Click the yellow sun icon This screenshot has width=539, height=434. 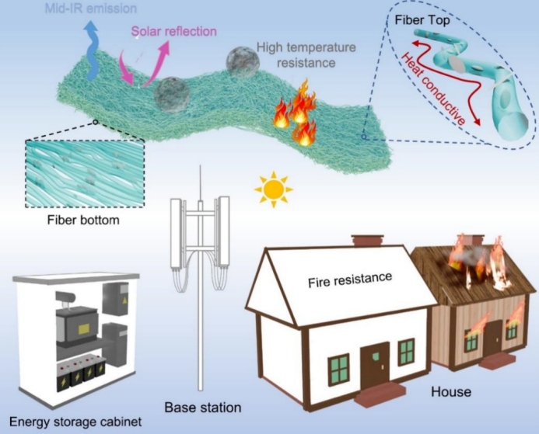(274, 189)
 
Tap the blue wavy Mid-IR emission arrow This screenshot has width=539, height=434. (92, 50)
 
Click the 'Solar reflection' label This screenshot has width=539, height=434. (174, 31)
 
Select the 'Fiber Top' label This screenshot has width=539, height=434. (422, 20)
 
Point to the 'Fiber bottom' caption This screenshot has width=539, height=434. (83, 220)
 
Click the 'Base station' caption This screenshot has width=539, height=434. (203, 408)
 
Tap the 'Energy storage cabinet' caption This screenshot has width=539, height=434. (75, 422)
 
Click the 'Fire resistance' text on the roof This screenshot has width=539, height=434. (350, 279)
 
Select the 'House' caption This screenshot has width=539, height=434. (451, 391)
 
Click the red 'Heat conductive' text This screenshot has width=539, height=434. (432, 89)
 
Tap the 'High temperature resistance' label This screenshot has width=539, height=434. (306, 55)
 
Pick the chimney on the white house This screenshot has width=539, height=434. (367, 240)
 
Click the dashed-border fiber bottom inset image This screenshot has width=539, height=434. (85, 174)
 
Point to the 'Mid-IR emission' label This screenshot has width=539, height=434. (91, 9)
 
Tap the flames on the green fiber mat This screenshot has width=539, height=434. (296, 112)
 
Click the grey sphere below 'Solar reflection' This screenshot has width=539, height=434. (172, 95)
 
